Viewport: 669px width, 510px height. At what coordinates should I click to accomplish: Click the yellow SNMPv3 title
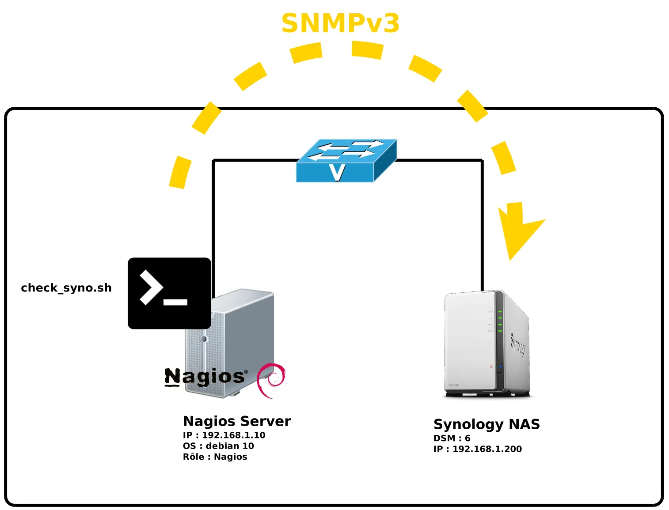tap(340, 23)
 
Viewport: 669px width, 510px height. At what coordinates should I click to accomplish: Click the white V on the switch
tap(337, 172)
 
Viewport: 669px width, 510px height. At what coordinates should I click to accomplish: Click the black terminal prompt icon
tap(169, 293)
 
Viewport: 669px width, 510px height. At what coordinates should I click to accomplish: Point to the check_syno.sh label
tap(66, 288)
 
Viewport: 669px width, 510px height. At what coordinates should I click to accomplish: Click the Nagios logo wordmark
tap(205, 377)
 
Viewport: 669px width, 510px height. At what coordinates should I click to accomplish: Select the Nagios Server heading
tap(237, 421)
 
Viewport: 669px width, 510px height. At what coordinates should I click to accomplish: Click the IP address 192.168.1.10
tap(233, 435)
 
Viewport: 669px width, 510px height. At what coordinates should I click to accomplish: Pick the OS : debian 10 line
tap(218, 446)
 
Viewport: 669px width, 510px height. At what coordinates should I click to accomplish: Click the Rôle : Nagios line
tap(215, 457)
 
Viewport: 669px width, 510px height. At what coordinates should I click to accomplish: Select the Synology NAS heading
tap(487, 424)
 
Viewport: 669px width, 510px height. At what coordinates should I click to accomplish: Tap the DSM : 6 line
tap(452, 438)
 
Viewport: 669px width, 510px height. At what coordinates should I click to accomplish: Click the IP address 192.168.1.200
tap(487, 449)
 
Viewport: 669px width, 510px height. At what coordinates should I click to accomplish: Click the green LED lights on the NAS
tap(500, 321)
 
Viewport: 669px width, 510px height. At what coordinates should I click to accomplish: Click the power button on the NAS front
tap(491, 366)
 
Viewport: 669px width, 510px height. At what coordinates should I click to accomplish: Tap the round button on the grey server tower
tap(204, 339)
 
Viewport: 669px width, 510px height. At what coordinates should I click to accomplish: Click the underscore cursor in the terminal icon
tap(175, 302)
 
